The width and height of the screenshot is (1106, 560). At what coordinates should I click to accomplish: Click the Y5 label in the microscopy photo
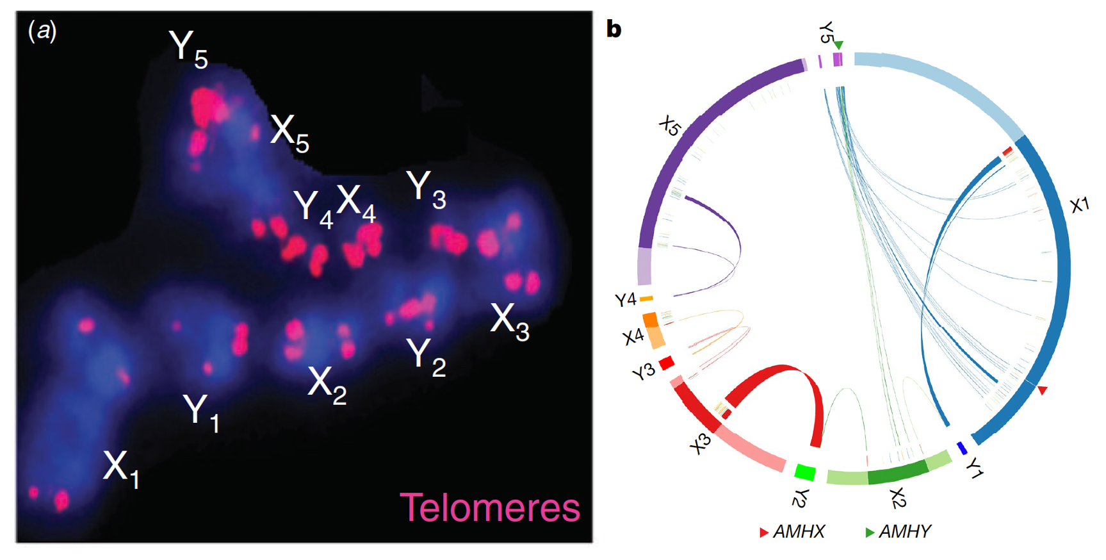[x=188, y=48]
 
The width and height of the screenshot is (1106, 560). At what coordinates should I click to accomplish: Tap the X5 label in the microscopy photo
[x=289, y=134]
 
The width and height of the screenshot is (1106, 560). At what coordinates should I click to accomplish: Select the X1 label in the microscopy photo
[x=121, y=468]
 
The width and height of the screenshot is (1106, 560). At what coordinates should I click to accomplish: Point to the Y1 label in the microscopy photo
[x=201, y=412]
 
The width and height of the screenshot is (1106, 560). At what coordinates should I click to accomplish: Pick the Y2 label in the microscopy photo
[x=426, y=356]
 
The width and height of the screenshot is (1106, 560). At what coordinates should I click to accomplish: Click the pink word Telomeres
[x=490, y=507]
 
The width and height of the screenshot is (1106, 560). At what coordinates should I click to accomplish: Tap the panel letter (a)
[x=43, y=30]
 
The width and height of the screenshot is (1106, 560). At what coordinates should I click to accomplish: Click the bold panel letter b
[x=614, y=29]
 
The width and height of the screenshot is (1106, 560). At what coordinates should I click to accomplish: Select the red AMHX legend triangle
[x=763, y=532]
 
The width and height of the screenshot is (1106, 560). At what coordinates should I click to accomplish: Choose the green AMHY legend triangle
[x=870, y=532]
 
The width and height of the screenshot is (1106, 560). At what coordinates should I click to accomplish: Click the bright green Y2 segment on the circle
[x=804, y=473]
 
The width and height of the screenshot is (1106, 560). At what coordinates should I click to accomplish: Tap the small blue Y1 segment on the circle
[x=961, y=448]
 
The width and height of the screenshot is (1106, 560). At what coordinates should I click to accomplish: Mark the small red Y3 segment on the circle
[x=667, y=363]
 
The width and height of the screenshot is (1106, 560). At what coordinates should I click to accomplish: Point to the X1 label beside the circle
[x=1079, y=205]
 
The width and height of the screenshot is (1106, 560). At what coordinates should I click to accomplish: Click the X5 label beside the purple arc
[x=670, y=126]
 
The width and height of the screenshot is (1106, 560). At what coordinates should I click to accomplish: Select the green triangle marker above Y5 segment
[x=839, y=45]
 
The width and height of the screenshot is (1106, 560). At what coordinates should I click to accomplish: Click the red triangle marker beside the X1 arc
[x=1043, y=390]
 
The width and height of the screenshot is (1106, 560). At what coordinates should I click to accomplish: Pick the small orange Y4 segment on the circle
[x=646, y=299]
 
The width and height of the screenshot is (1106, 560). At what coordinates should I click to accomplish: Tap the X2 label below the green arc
[x=898, y=498]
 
